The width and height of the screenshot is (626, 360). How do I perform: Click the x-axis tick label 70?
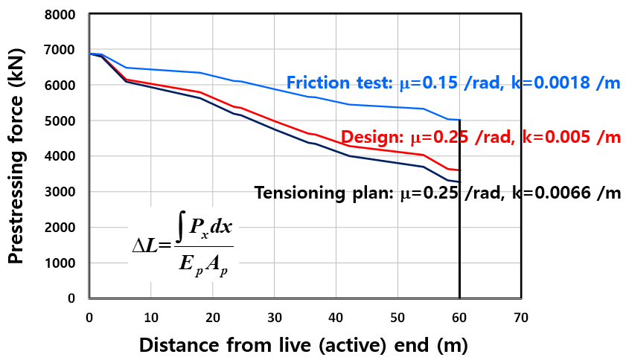coord(521,316)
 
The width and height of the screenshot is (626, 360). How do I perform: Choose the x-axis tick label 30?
coord(274,316)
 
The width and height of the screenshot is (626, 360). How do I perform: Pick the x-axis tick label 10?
coord(150,316)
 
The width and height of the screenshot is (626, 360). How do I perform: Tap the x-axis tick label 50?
coord(397,316)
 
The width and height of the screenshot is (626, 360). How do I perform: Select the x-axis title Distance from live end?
coord(304,345)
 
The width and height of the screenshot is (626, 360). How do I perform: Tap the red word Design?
coord(371,138)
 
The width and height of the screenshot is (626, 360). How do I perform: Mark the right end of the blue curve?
coord(459,120)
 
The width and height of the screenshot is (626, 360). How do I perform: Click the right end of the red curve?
coord(459,170)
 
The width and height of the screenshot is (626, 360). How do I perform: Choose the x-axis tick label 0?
coord(89,316)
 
